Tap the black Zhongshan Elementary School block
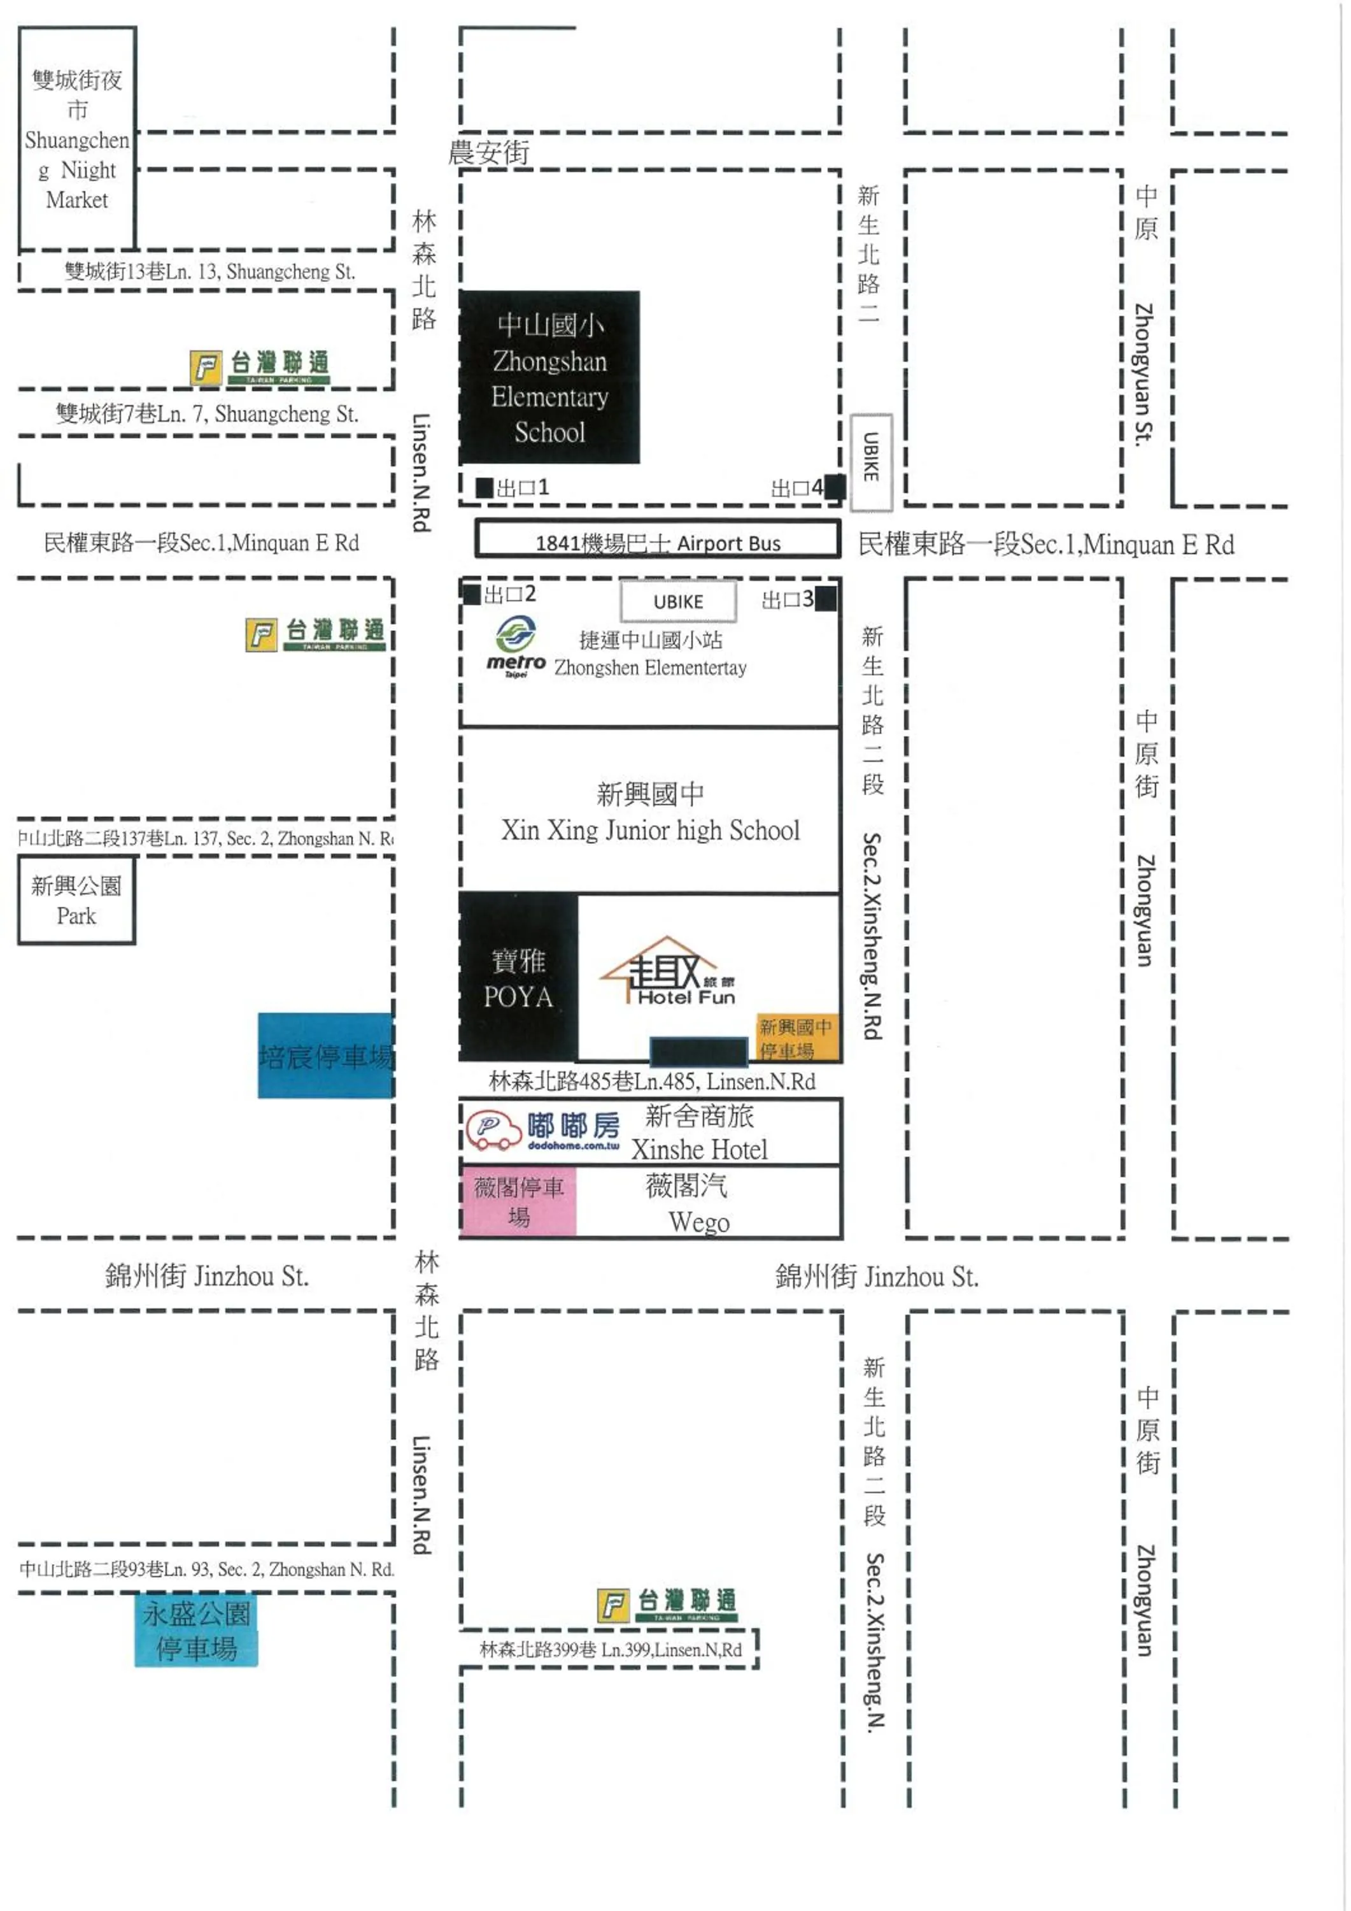(549, 377)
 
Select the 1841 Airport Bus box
(657, 540)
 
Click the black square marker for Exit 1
(484, 488)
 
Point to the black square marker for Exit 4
(835, 487)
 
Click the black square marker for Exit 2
(471, 594)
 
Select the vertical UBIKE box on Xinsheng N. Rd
(871, 462)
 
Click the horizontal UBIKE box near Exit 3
(678, 601)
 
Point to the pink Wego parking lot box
(518, 1201)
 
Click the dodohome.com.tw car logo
(493, 1129)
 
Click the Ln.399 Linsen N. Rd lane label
(610, 1649)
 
